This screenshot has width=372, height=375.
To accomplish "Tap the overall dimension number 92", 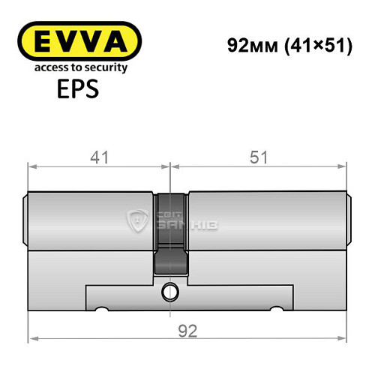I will point(187,331).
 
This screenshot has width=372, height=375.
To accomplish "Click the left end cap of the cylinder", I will point(25,219).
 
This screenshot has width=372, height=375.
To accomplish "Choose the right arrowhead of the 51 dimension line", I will point(345,166).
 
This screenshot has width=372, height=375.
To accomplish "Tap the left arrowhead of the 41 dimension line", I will point(31,166).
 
